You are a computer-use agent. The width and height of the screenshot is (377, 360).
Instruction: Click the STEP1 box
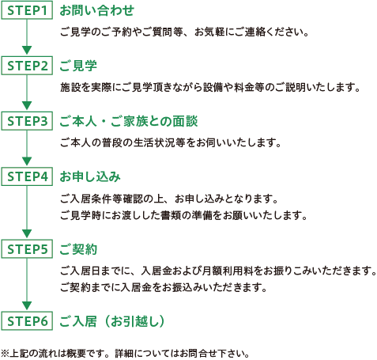[27, 10]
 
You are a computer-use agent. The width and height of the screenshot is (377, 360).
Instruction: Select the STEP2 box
[27, 66]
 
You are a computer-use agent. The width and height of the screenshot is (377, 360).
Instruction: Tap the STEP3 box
[27, 121]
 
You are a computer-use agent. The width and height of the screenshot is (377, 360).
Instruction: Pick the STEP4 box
[27, 176]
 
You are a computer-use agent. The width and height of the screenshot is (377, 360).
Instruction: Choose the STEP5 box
[27, 249]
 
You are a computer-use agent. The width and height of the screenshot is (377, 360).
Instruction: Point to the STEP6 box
[27, 321]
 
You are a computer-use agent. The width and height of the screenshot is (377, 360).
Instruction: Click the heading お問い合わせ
[97, 10]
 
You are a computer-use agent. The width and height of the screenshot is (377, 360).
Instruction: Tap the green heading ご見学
[78, 66]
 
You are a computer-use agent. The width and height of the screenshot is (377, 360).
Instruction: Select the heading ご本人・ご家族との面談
[129, 121]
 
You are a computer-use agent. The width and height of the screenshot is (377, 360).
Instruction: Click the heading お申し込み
[90, 176]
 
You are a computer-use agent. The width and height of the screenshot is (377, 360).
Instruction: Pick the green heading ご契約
[78, 249]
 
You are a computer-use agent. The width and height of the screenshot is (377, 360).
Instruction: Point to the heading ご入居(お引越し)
[112, 321]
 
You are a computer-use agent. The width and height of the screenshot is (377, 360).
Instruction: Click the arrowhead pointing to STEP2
[27, 50]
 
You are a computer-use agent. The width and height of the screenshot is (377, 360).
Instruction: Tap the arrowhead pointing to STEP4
[27, 161]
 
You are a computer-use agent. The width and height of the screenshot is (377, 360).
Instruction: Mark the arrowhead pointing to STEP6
[27, 305]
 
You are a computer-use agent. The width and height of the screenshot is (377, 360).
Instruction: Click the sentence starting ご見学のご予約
[184, 32]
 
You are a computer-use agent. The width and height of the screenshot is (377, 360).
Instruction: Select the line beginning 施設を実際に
[210, 87]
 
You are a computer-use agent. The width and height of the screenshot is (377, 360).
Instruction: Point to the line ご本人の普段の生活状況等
[171, 142]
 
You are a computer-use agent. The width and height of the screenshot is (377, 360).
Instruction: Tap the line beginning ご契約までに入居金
[164, 287]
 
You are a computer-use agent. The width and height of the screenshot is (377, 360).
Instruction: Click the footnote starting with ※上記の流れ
[125, 354]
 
